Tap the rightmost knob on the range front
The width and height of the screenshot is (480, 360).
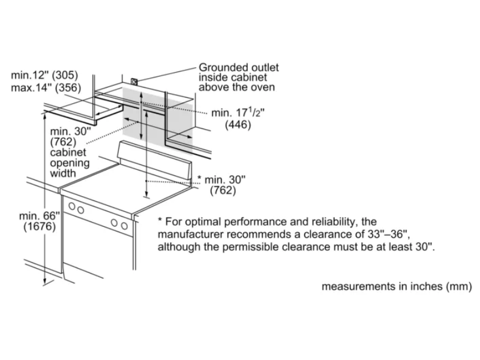(x=124, y=226)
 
